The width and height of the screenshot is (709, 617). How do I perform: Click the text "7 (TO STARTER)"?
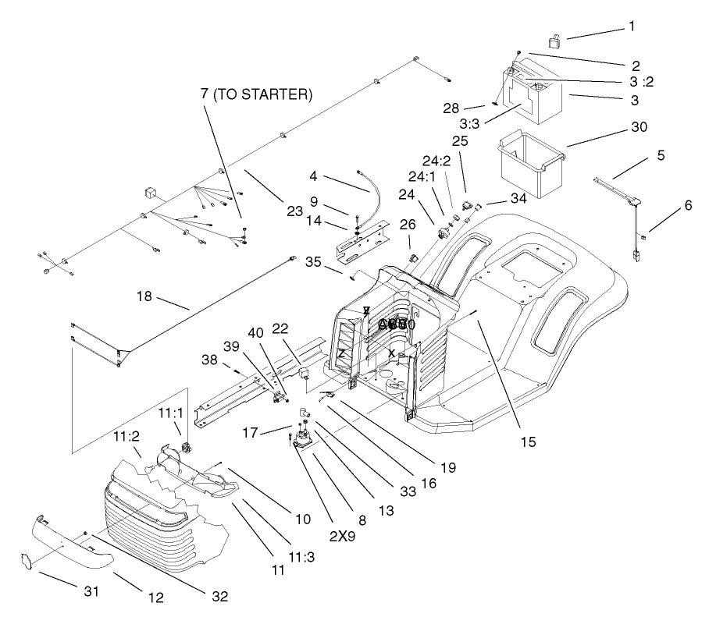point(255,94)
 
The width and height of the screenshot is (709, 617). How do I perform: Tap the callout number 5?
point(661,155)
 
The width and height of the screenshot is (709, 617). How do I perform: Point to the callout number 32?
point(219,597)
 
